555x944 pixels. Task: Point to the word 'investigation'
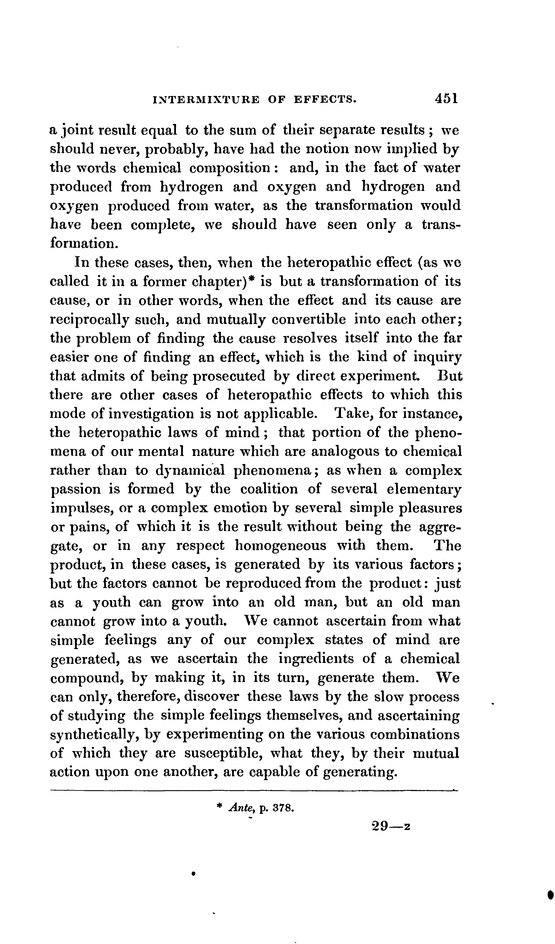(x=157, y=414)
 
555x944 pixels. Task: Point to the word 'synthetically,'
(x=93, y=734)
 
